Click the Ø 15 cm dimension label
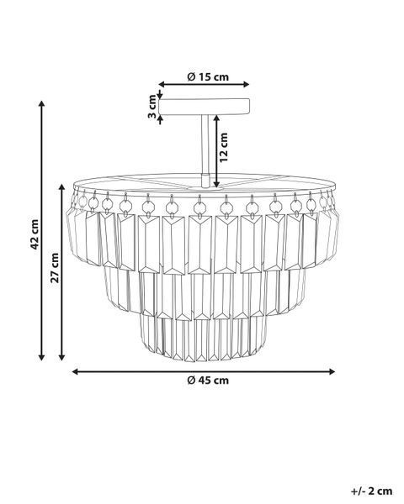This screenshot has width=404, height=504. tap(208, 77)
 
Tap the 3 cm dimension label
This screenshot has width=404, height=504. tap(152, 107)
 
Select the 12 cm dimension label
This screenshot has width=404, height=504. tap(224, 147)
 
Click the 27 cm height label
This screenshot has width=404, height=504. tap(55, 267)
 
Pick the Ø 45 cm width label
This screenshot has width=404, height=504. tap(208, 381)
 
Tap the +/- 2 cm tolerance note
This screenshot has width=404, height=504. tap(371, 491)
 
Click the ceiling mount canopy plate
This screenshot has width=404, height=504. tap(205, 107)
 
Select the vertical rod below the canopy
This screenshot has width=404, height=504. tap(205, 144)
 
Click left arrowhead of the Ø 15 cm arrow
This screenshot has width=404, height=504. tap(162, 84)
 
